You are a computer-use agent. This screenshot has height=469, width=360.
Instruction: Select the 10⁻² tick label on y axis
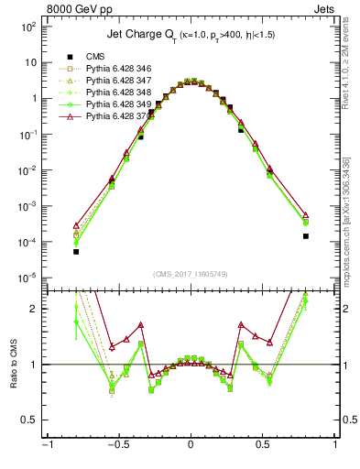[27, 170]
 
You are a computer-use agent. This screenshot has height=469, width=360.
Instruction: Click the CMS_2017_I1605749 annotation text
[191, 274]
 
